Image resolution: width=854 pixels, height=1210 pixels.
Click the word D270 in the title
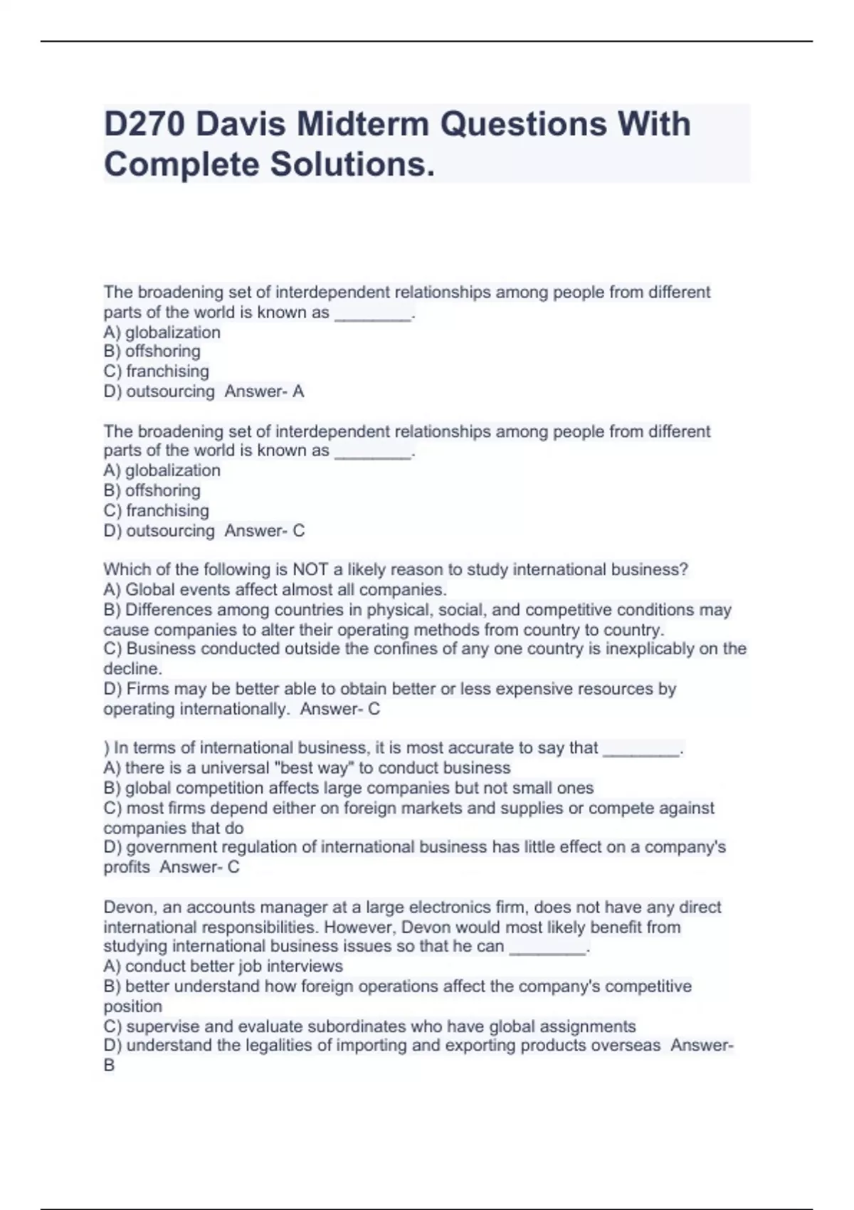144,125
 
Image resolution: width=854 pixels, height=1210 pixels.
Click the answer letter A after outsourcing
298,391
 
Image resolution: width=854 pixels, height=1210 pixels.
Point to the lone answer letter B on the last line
109,1066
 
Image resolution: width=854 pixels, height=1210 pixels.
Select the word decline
132,669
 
